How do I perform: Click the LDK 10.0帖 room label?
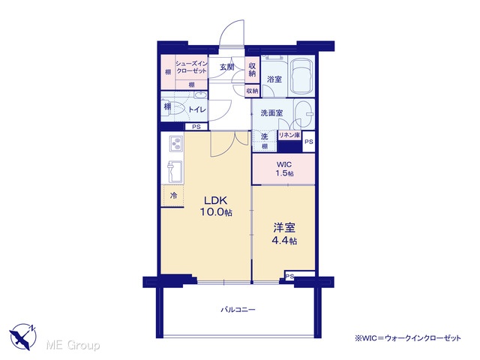tap(216, 206)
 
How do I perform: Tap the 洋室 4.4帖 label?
tap(284, 233)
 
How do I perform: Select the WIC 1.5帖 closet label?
tap(283, 169)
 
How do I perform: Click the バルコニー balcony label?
tap(238, 310)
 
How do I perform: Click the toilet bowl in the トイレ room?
tap(177, 109)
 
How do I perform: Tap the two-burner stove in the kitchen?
tap(176, 143)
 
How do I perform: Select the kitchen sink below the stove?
tap(175, 172)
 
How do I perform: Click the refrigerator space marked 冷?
tap(173, 196)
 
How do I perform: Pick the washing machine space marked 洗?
tap(264, 137)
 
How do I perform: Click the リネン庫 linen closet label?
tap(289, 135)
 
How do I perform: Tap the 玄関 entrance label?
tap(226, 67)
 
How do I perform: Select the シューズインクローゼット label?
tap(192, 67)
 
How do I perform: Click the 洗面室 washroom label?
tap(271, 113)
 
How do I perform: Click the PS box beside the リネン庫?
tap(308, 142)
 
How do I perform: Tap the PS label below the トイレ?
tap(196, 127)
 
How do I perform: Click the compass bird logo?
tap(22, 337)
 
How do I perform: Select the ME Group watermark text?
tap(73, 345)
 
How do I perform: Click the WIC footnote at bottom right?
tap(407, 338)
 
